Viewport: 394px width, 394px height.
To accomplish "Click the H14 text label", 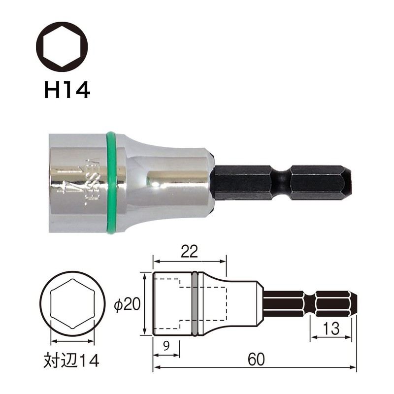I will pos(67,90).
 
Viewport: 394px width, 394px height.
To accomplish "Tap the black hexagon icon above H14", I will pos(62,47).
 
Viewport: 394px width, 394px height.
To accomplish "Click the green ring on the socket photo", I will pos(111,182).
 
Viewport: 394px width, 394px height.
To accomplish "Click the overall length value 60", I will pos(254,360).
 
